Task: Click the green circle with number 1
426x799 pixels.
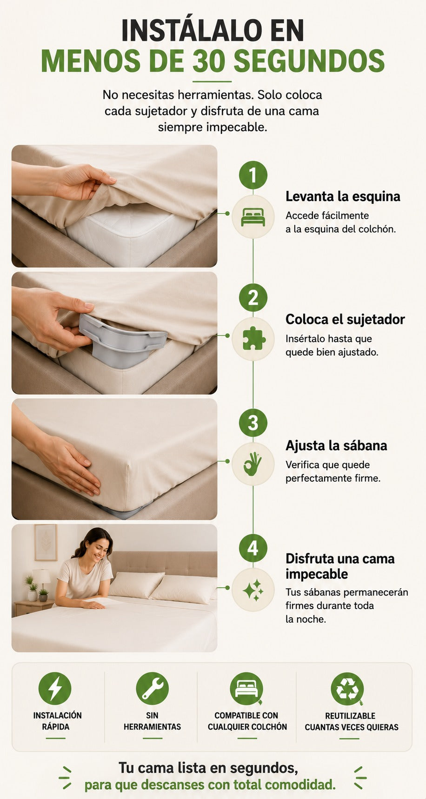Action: (x=253, y=175)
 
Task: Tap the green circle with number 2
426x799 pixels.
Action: (x=253, y=297)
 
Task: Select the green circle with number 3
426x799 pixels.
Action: (x=253, y=423)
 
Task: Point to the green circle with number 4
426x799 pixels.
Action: (x=253, y=548)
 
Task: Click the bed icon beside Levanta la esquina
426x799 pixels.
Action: (x=253, y=217)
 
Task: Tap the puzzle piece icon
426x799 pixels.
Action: (x=253, y=339)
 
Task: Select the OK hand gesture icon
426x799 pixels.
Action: (x=253, y=464)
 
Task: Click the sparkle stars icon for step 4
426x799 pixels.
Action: (x=253, y=590)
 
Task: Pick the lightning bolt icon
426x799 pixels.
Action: (x=55, y=688)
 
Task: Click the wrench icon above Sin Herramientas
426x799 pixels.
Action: (x=152, y=688)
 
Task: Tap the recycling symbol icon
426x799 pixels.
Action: (x=347, y=689)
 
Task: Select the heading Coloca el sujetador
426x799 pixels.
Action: (x=345, y=319)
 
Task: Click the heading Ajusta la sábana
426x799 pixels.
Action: (x=336, y=445)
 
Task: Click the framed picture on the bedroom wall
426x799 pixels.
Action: (x=46, y=543)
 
